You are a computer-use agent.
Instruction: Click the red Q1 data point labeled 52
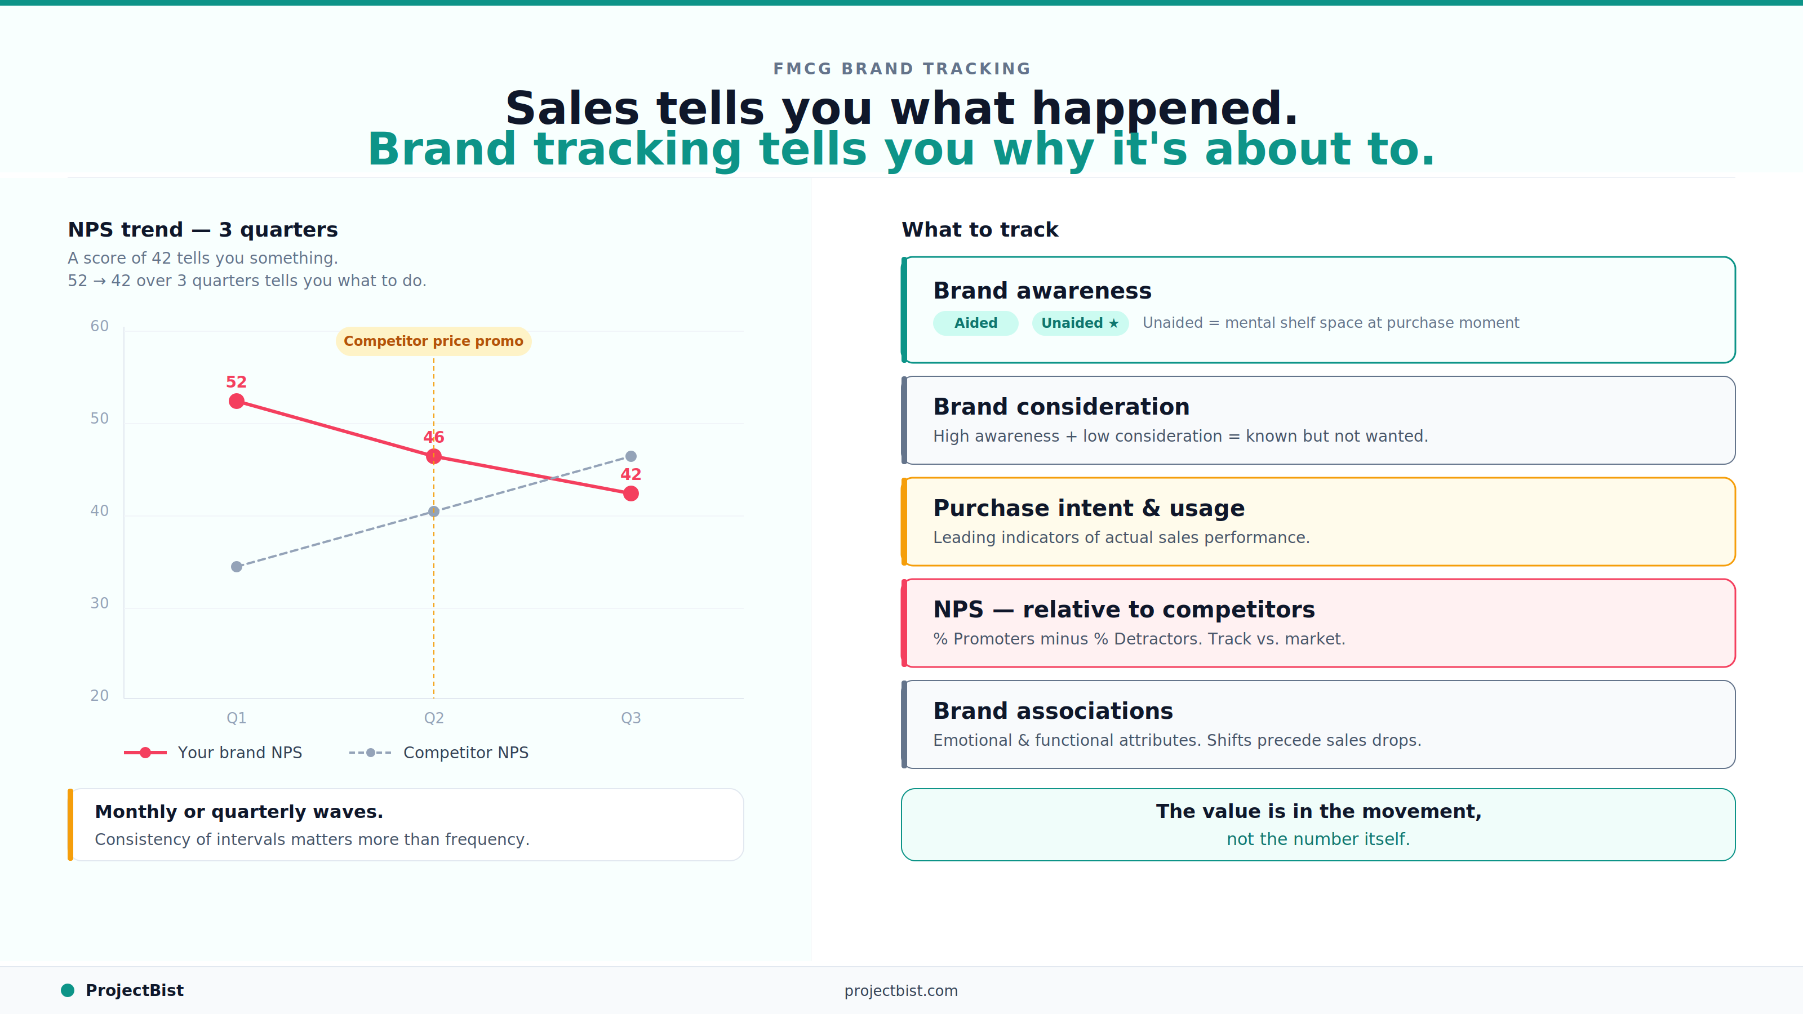(237, 401)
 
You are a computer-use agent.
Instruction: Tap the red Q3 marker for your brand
(630, 493)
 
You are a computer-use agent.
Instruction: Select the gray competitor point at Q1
(237, 566)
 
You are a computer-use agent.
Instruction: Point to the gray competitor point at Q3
(630, 456)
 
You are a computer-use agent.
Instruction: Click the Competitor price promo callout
(433, 341)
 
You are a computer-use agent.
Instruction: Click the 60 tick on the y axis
(99, 326)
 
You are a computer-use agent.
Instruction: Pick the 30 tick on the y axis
(99, 603)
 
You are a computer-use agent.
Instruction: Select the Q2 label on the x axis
(433, 717)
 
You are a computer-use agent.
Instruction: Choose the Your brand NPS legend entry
(214, 752)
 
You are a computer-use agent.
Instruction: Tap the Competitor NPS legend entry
(439, 752)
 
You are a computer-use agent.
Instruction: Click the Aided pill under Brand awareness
(975, 323)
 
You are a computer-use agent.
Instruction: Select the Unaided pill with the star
(1080, 323)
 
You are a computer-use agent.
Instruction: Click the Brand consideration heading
(1061, 407)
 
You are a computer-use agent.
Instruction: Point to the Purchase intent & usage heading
(1089, 508)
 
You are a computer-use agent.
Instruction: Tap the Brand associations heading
(1053, 711)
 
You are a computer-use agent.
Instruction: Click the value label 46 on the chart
(433, 437)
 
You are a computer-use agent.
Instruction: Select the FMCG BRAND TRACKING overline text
(901, 69)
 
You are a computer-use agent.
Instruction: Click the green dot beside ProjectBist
(68, 990)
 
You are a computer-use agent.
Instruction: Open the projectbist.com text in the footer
(901, 990)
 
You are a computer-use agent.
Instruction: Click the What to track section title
(979, 229)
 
